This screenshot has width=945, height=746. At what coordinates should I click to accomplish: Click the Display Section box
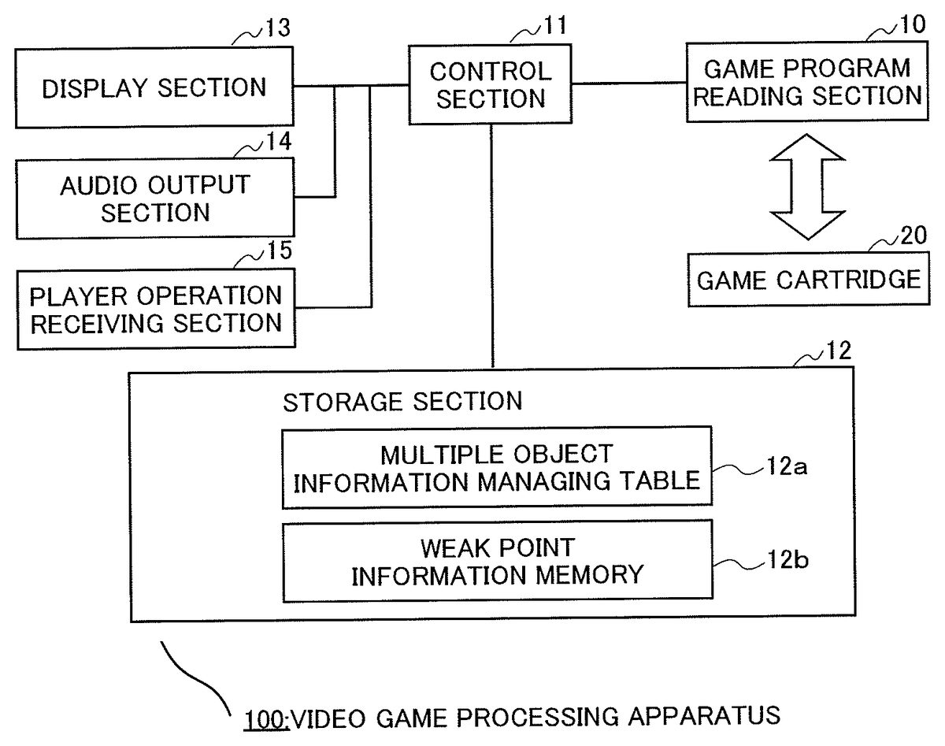coord(154,87)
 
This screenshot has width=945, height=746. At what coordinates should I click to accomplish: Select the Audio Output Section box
coord(154,198)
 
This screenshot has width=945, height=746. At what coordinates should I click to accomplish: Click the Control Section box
coord(490,84)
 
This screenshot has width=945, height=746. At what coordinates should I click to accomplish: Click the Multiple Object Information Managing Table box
coord(496,467)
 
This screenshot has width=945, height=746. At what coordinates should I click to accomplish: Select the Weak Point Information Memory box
coord(496,560)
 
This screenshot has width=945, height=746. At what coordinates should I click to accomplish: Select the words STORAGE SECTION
coord(402,401)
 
